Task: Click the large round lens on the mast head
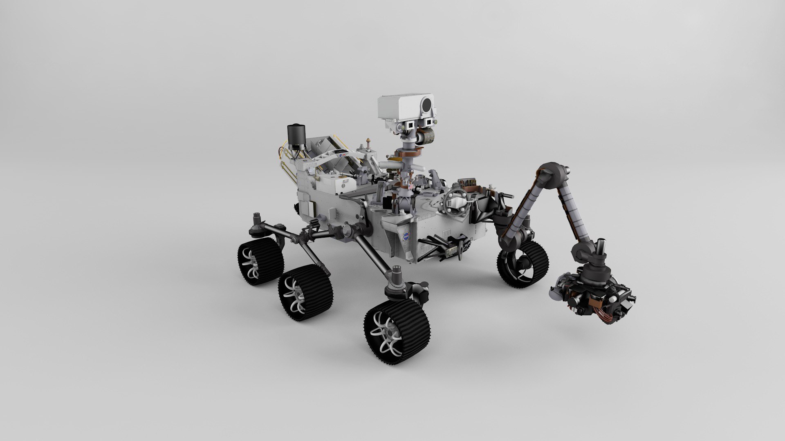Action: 426,105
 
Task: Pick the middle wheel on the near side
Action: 305,292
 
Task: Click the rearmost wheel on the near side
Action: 260,261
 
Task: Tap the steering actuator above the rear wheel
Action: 258,226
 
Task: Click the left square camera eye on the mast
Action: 409,124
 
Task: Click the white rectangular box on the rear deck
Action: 345,185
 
